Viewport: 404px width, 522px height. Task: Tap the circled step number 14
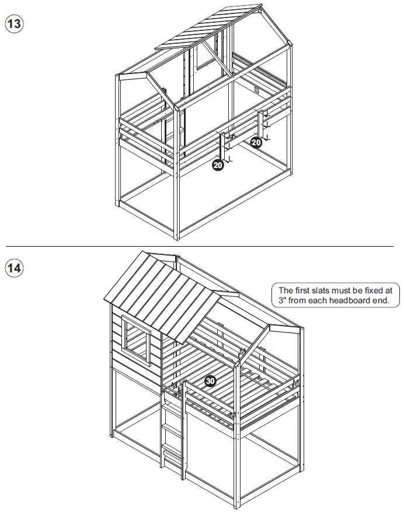(14, 268)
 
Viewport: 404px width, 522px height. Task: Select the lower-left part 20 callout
(218, 166)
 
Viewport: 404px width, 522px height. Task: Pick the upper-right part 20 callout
(256, 142)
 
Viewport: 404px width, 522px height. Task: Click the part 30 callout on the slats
(210, 381)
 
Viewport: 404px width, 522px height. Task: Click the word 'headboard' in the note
(347, 301)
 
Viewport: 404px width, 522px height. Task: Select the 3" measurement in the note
(283, 301)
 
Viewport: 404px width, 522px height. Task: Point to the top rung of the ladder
(170, 403)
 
